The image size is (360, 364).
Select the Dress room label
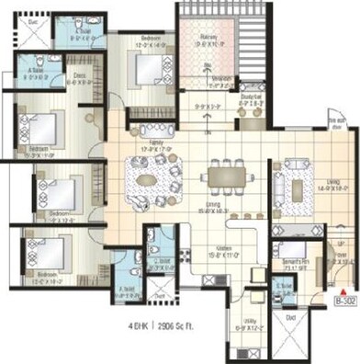tap(78, 78)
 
